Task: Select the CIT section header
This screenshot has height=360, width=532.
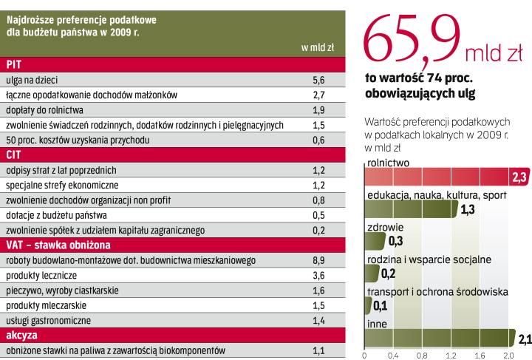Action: point(15,154)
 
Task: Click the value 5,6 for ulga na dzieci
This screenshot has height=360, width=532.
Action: point(319,78)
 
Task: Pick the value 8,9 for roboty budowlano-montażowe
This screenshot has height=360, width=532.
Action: point(319,260)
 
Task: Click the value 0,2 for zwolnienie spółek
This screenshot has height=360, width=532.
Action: point(319,230)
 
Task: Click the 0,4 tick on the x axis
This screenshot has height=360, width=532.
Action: point(392,355)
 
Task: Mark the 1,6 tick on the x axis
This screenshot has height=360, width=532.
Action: point(480,355)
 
